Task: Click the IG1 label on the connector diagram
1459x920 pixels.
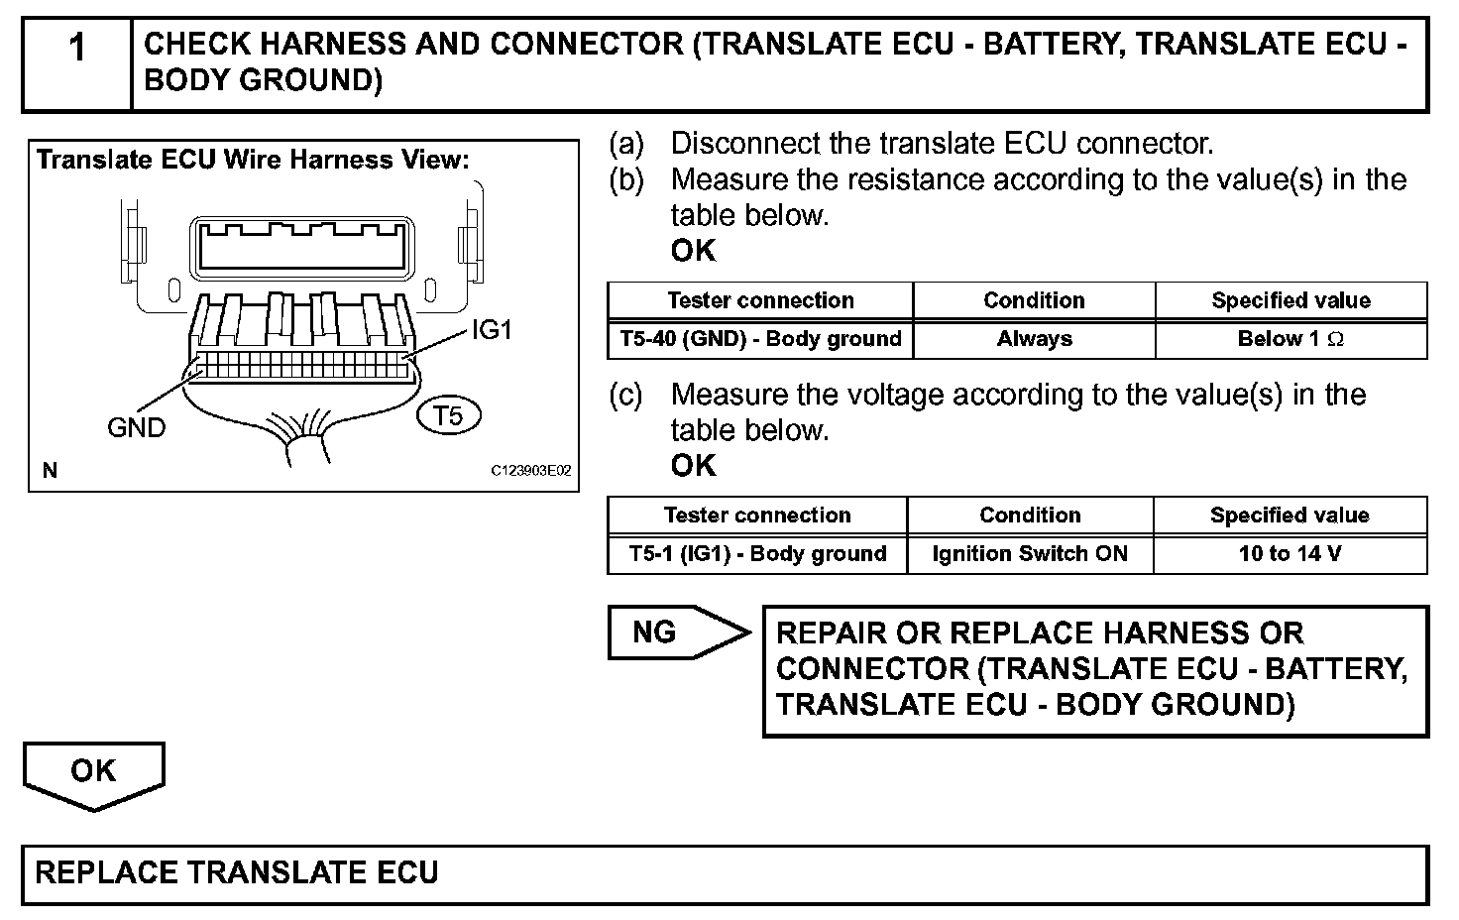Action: pyautogui.click(x=492, y=330)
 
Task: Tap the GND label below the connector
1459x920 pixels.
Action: pyautogui.click(x=136, y=428)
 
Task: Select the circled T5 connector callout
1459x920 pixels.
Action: pyautogui.click(x=449, y=415)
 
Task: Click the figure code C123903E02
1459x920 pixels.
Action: pyautogui.click(x=531, y=471)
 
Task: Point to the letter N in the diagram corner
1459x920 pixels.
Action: pyautogui.click(x=50, y=471)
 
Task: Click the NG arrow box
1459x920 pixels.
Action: pyautogui.click(x=674, y=632)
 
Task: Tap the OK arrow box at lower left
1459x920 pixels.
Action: pyautogui.click(x=93, y=772)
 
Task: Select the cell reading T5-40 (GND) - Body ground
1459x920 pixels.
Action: pyautogui.click(x=760, y=339)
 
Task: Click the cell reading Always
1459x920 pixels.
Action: pyautogui.click(x=1034, y=339)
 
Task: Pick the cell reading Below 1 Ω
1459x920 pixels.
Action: pyautogui.click(x=1291, y=339)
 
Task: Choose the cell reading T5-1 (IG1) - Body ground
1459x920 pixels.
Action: pyautogui.click(x=757, y=554)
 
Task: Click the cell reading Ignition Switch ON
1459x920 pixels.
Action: pyautogui.click(x=1030, y=554)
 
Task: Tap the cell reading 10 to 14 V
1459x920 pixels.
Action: pyautogui.click(x=1290, y=554)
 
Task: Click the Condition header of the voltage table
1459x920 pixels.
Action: pyautogui.click(x=1030, y=516)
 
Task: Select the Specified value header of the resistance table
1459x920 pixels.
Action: pyautogui.click(x=1291, y=300)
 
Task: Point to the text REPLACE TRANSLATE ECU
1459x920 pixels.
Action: pyautogui.click(x=237, y=873)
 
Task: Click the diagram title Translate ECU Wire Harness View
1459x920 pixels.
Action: pyautogui.click(x=253, y=160)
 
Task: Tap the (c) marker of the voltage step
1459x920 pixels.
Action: pyautogui.click(x=625, y=395)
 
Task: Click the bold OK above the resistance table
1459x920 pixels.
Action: pyautogui.click(x=693, y=251)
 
